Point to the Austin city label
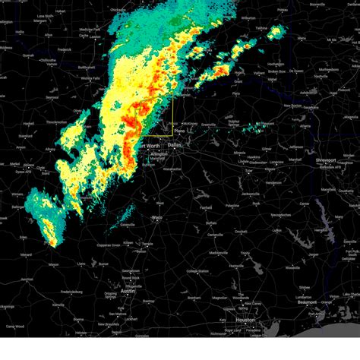point(128,291)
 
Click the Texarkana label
point(309,108)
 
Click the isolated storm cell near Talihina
point(276,31)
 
